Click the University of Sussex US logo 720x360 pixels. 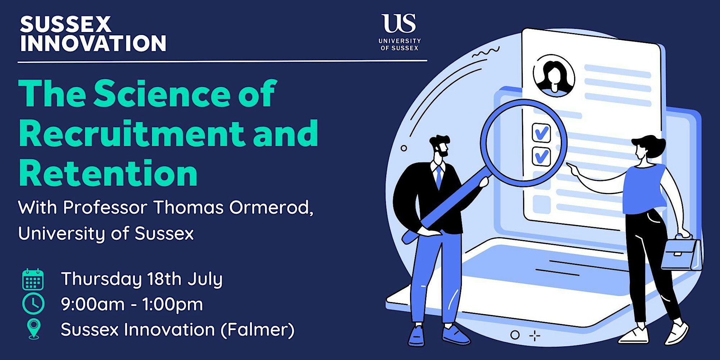[400, 32]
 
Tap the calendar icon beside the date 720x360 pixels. [33, 279]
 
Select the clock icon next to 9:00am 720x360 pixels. [33, 304]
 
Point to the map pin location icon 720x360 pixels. [34, 329]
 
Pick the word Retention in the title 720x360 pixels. [108, 174]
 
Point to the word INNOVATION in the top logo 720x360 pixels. [93, 44]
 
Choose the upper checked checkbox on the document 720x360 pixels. [541, 132]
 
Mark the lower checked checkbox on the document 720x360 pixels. [541, 156]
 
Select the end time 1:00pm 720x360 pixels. [173, 304]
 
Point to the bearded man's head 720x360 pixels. [440, 146]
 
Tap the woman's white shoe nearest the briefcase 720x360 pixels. [677, 333]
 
